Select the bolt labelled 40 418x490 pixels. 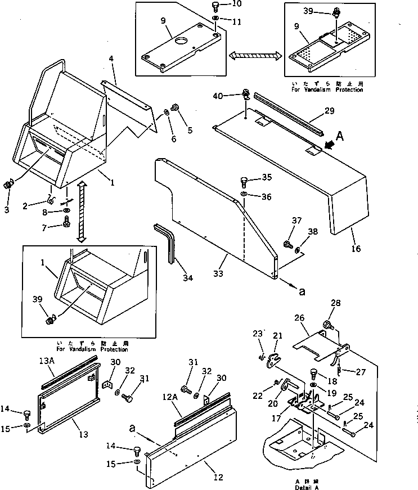246,93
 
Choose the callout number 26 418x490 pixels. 300,319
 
